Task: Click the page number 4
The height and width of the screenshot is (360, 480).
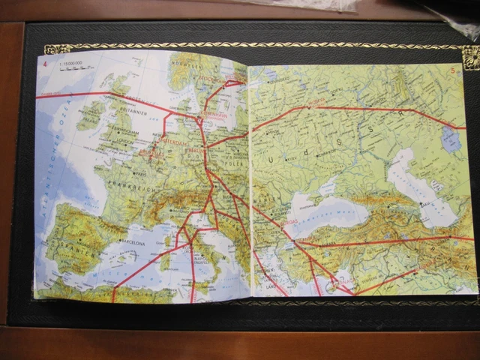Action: pos(44,62)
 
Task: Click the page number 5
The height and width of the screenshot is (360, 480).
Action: pos(454,70)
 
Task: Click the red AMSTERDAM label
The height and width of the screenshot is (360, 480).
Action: pos(174,139)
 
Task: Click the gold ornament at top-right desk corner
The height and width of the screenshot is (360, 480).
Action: pos(470,57)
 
